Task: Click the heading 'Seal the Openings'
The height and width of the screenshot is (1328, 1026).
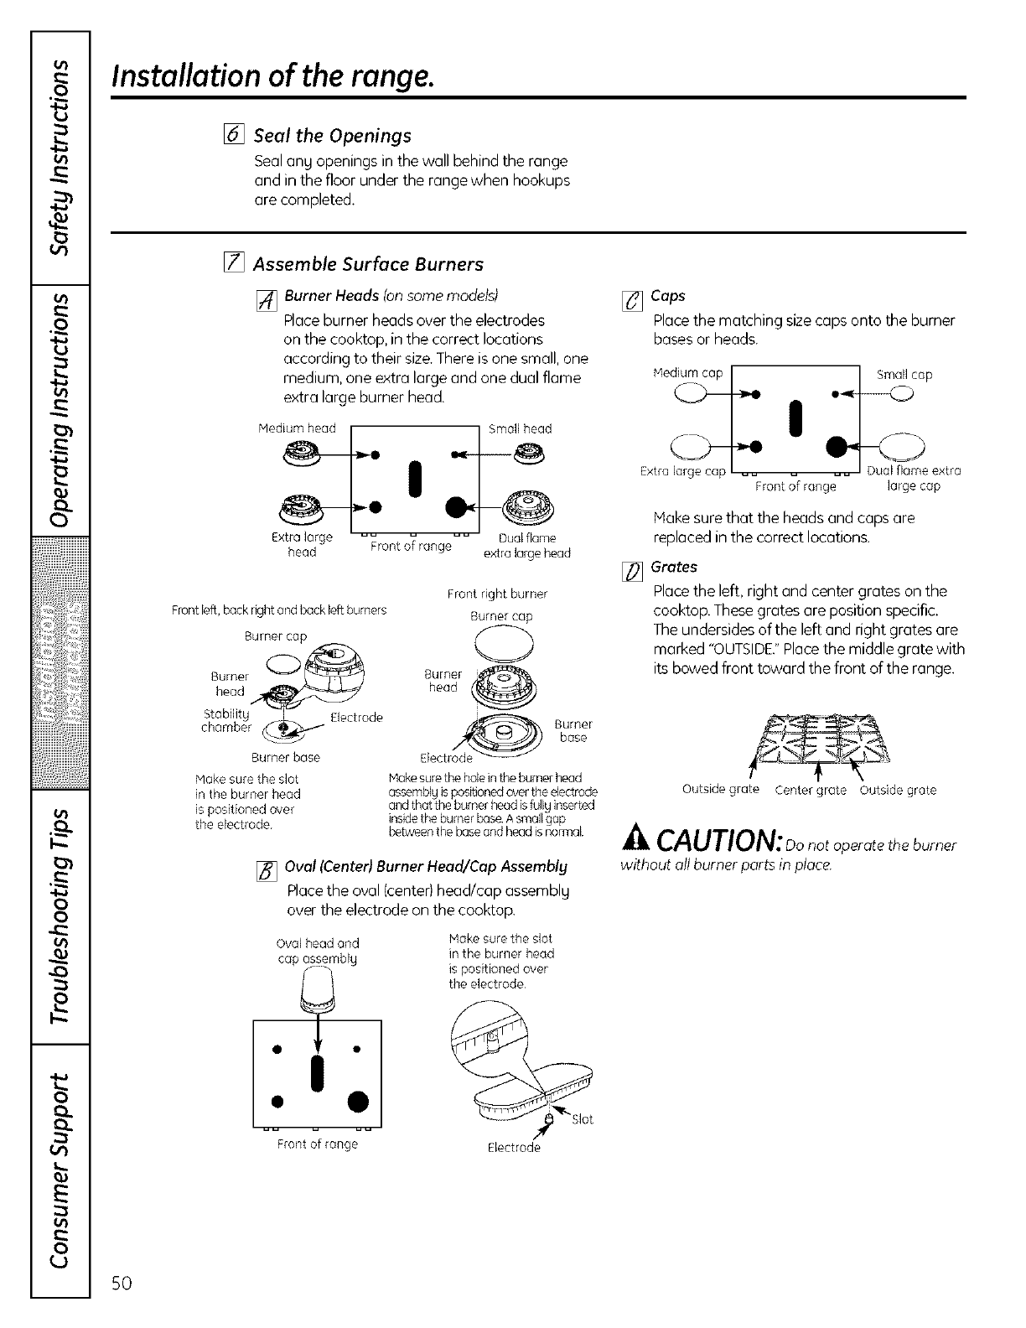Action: coord(332,136)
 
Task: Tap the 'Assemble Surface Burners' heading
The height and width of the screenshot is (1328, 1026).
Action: coord(368,265)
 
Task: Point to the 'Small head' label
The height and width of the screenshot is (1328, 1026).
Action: coord(520,428)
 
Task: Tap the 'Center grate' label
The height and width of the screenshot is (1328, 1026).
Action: coord(811,790)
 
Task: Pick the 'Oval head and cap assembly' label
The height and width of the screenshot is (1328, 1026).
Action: coord(318,951)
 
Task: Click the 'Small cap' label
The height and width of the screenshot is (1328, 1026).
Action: coord(904,375)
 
